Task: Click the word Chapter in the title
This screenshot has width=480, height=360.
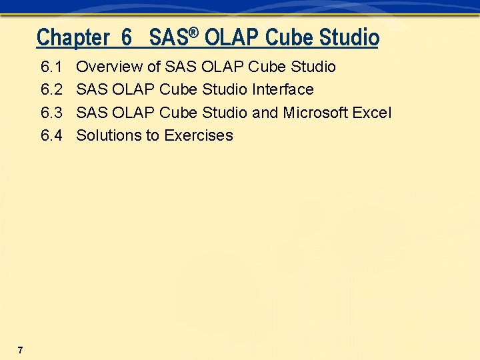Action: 73,37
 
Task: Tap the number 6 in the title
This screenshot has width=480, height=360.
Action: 127,37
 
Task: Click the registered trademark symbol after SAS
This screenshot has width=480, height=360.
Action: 194,31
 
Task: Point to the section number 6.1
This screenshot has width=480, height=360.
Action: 51,67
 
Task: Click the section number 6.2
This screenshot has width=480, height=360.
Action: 51,89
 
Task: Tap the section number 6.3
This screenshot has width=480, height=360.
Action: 51,113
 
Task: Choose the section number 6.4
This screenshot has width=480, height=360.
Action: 51,135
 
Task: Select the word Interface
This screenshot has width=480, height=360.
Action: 283,89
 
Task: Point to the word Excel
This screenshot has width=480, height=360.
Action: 372,113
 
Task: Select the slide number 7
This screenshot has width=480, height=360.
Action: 21,350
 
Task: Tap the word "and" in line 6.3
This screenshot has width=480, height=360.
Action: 265,113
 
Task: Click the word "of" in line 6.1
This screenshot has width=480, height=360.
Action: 153,67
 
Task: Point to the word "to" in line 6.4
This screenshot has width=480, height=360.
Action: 153,135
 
